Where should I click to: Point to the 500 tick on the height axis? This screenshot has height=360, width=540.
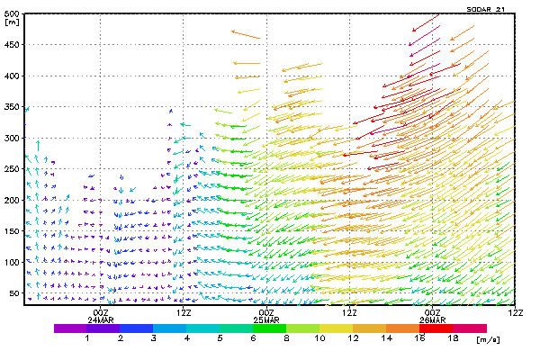tap(12, 15)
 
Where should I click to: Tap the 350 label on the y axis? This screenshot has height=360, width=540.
tap(12, 107)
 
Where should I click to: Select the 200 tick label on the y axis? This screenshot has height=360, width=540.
tap(12, 200)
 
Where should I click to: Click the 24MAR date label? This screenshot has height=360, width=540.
tap(100, 319)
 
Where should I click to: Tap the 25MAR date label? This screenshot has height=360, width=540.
tap(266, 319)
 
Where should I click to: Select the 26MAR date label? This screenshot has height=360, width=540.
tap(432, 319)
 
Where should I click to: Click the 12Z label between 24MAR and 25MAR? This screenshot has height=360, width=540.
tap(184, 312)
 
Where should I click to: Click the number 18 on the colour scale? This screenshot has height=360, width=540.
tap(453, 337)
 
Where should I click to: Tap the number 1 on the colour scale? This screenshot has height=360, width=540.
tap(87, 337)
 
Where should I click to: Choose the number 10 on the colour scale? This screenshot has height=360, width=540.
tap(319, 337)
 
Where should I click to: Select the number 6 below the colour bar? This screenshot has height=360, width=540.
tap(253, 337)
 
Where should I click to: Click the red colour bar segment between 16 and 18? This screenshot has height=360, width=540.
tap(436, 328)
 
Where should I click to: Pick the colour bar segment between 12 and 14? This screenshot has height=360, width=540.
tap(370, 328)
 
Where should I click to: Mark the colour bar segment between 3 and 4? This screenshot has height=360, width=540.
tap(170, 328)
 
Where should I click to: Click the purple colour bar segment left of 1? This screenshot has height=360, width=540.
tap(70, 328)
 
